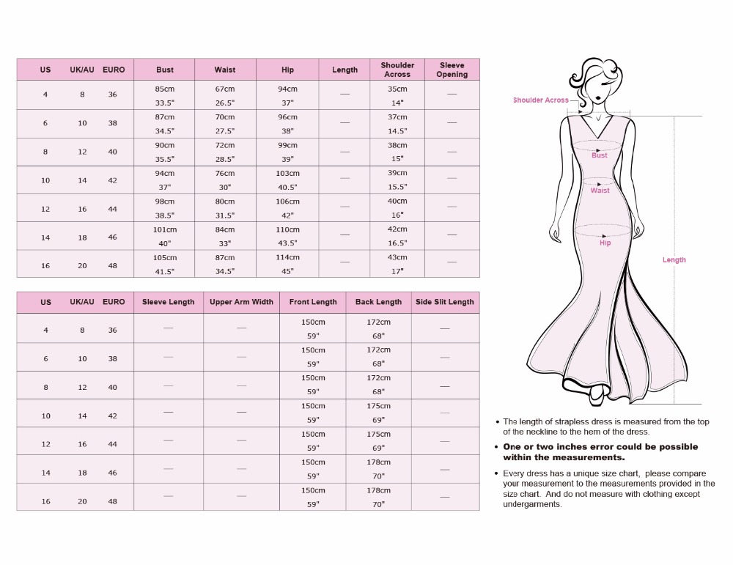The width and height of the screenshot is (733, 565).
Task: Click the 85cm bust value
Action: coord(165,89)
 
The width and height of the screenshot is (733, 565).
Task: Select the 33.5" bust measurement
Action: coord(165,103)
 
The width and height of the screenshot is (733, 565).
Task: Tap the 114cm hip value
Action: coord(287,257)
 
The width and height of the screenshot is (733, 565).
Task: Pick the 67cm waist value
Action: coord(225,89)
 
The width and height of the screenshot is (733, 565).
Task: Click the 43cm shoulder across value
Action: coord(397,257)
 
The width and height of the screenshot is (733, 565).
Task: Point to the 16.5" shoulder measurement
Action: coord(397,243)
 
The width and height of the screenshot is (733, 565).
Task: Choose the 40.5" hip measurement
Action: coord(287,187)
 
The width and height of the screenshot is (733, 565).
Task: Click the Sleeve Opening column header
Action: coord(452,70)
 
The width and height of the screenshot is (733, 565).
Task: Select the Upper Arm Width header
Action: coord(241,302)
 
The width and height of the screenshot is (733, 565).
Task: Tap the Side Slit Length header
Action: coord(445,302)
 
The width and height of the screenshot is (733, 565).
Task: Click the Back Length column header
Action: coord(378,302)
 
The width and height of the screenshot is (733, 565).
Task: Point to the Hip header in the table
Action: coord(287,70)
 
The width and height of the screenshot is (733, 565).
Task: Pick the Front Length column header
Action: coord(313,302)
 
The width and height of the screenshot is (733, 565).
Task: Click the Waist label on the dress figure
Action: coord(600,191)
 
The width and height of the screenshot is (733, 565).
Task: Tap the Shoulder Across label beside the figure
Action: coord(541,100)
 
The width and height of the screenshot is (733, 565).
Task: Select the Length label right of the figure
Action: coord(674,260)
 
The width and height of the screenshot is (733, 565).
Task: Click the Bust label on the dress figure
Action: coord(600,155)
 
